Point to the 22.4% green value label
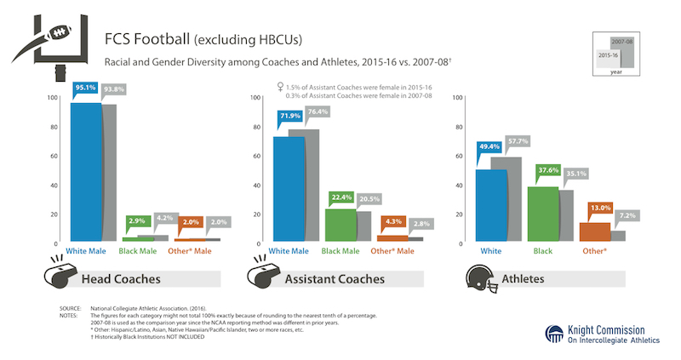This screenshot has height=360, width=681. [341, 197]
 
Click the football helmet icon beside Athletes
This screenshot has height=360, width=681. [484, 277]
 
